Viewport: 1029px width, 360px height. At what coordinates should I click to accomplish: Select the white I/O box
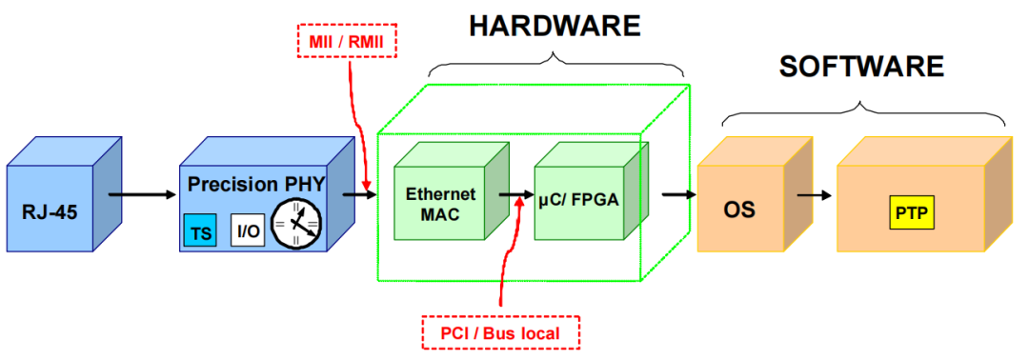247,230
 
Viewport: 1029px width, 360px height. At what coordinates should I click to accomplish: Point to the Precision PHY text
255,182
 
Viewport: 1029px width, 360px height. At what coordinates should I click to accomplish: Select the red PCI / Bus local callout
499,333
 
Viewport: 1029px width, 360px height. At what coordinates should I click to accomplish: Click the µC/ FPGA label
575,202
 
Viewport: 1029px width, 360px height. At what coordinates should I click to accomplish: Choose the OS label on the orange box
739,209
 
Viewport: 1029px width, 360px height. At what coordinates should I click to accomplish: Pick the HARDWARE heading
555,26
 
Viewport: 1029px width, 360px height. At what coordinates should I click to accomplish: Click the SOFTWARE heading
861,67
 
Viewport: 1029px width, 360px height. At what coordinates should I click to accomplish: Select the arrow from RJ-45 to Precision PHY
142,195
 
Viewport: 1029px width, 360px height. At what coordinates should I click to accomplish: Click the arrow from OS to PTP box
815,195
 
